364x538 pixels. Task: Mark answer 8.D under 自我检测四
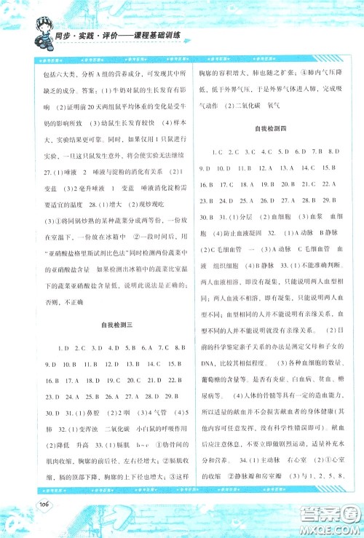point(334,151)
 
